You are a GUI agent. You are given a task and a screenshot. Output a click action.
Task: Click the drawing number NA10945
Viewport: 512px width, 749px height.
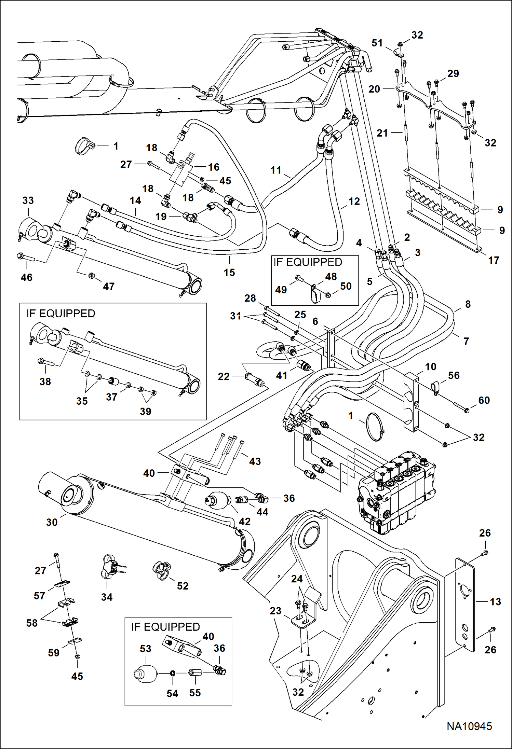point(469,726)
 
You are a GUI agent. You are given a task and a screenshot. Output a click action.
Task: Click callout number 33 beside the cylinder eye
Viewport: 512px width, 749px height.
point(28,200)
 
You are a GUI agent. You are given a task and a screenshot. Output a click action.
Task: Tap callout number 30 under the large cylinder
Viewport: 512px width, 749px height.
point(52,522)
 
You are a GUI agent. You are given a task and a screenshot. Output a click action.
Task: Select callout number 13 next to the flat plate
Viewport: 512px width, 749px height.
point(495,602)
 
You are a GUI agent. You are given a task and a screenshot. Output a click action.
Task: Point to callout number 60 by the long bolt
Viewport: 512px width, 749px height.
point(484,400)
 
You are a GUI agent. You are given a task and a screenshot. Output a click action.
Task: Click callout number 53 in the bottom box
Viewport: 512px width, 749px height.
point(145,649)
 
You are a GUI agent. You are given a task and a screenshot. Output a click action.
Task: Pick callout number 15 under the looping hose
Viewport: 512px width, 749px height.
point(229,273)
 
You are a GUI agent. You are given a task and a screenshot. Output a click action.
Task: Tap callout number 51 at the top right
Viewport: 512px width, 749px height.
point(377,43)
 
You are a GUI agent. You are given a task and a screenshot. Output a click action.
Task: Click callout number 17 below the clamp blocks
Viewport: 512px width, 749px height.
point(494,260)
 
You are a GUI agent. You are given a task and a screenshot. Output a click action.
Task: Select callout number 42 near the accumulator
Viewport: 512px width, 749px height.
point(245,522)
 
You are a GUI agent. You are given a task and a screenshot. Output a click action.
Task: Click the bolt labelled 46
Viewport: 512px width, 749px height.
point(26,257)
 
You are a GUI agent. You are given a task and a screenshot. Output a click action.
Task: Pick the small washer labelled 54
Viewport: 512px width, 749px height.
point(172,673)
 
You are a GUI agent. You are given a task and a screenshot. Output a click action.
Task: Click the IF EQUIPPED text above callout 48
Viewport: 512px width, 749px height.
point(308,262)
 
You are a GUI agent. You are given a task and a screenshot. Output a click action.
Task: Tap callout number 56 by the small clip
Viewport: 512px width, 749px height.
point(454,375)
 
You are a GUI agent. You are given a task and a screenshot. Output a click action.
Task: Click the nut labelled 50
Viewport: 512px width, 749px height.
point(327,294)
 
